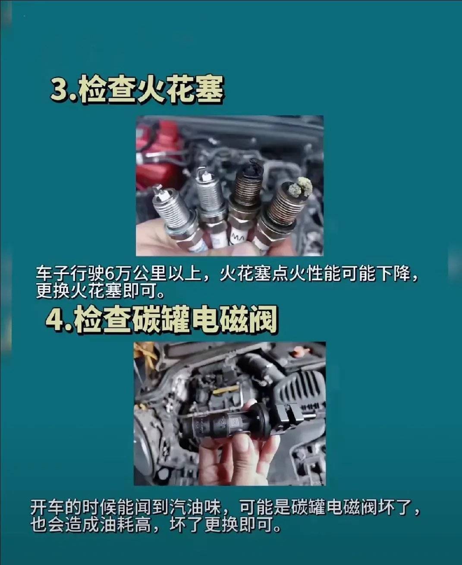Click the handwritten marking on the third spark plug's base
238,237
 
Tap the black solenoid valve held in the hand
224,419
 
